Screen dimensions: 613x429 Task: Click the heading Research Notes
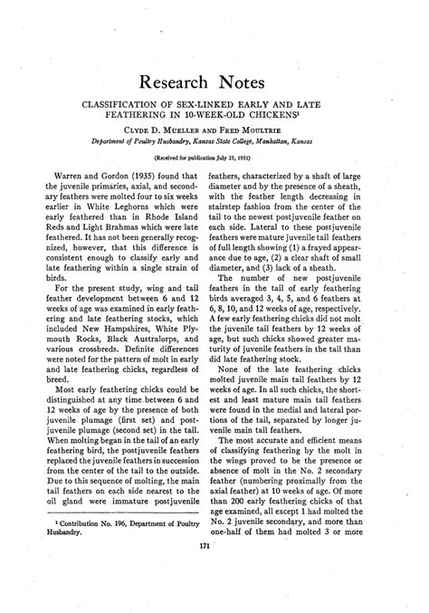coord(214,83)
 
